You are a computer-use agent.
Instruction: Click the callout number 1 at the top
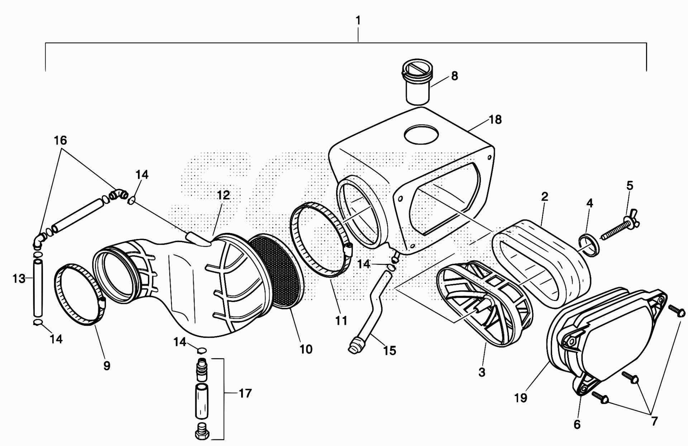click(x=358, y=21)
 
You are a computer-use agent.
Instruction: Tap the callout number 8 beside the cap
click(x=454, y=76)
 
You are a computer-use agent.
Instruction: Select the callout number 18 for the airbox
click(x=495, y=119)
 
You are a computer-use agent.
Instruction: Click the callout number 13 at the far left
click(x=19, y=278)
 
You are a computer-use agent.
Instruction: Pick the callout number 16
click(x=61, y=140)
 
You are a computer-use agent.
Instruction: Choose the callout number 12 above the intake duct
click(x=223, y=196)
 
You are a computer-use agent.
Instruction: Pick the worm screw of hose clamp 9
click(x=102, y=304)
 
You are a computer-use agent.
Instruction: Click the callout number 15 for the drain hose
click(x=390, y=351)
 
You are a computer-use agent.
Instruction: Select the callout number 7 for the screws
click(x=654, y=421)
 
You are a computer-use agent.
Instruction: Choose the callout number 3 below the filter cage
click(x=482, y=372)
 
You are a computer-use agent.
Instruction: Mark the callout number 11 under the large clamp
click(x=341, y=320)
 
